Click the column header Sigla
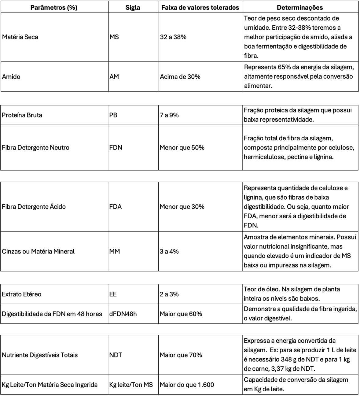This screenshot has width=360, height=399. click(x=133, y=8)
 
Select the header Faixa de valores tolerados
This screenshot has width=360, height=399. click(x=200, y=8)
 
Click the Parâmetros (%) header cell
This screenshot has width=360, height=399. click(x=54, y=8)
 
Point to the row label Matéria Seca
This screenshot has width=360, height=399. click(x=20, y=37)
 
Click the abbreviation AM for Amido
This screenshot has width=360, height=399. click(x=114, y=77)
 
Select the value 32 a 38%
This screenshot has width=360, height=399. click(x=173, y=37)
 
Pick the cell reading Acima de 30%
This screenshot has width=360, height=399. click(x=180, y=77)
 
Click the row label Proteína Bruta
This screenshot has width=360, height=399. click(x=22, y=115)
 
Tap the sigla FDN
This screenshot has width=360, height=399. click(x=116, y=148)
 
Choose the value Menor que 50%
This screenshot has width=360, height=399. click(x=182, y=148)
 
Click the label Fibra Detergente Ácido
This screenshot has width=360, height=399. click(x=34, y=207)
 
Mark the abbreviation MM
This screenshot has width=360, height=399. click(x=115, y=252)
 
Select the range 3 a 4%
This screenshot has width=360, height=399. click(x=169, y=252)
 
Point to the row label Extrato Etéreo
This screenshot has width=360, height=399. click(x=22, y=294)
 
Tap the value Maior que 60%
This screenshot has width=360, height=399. click(x=181, y=314)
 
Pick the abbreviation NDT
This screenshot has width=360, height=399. click(x=116, y=355)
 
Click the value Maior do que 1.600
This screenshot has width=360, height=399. click(x=187, y=385)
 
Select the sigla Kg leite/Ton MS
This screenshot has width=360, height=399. click(x=131, y=385)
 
